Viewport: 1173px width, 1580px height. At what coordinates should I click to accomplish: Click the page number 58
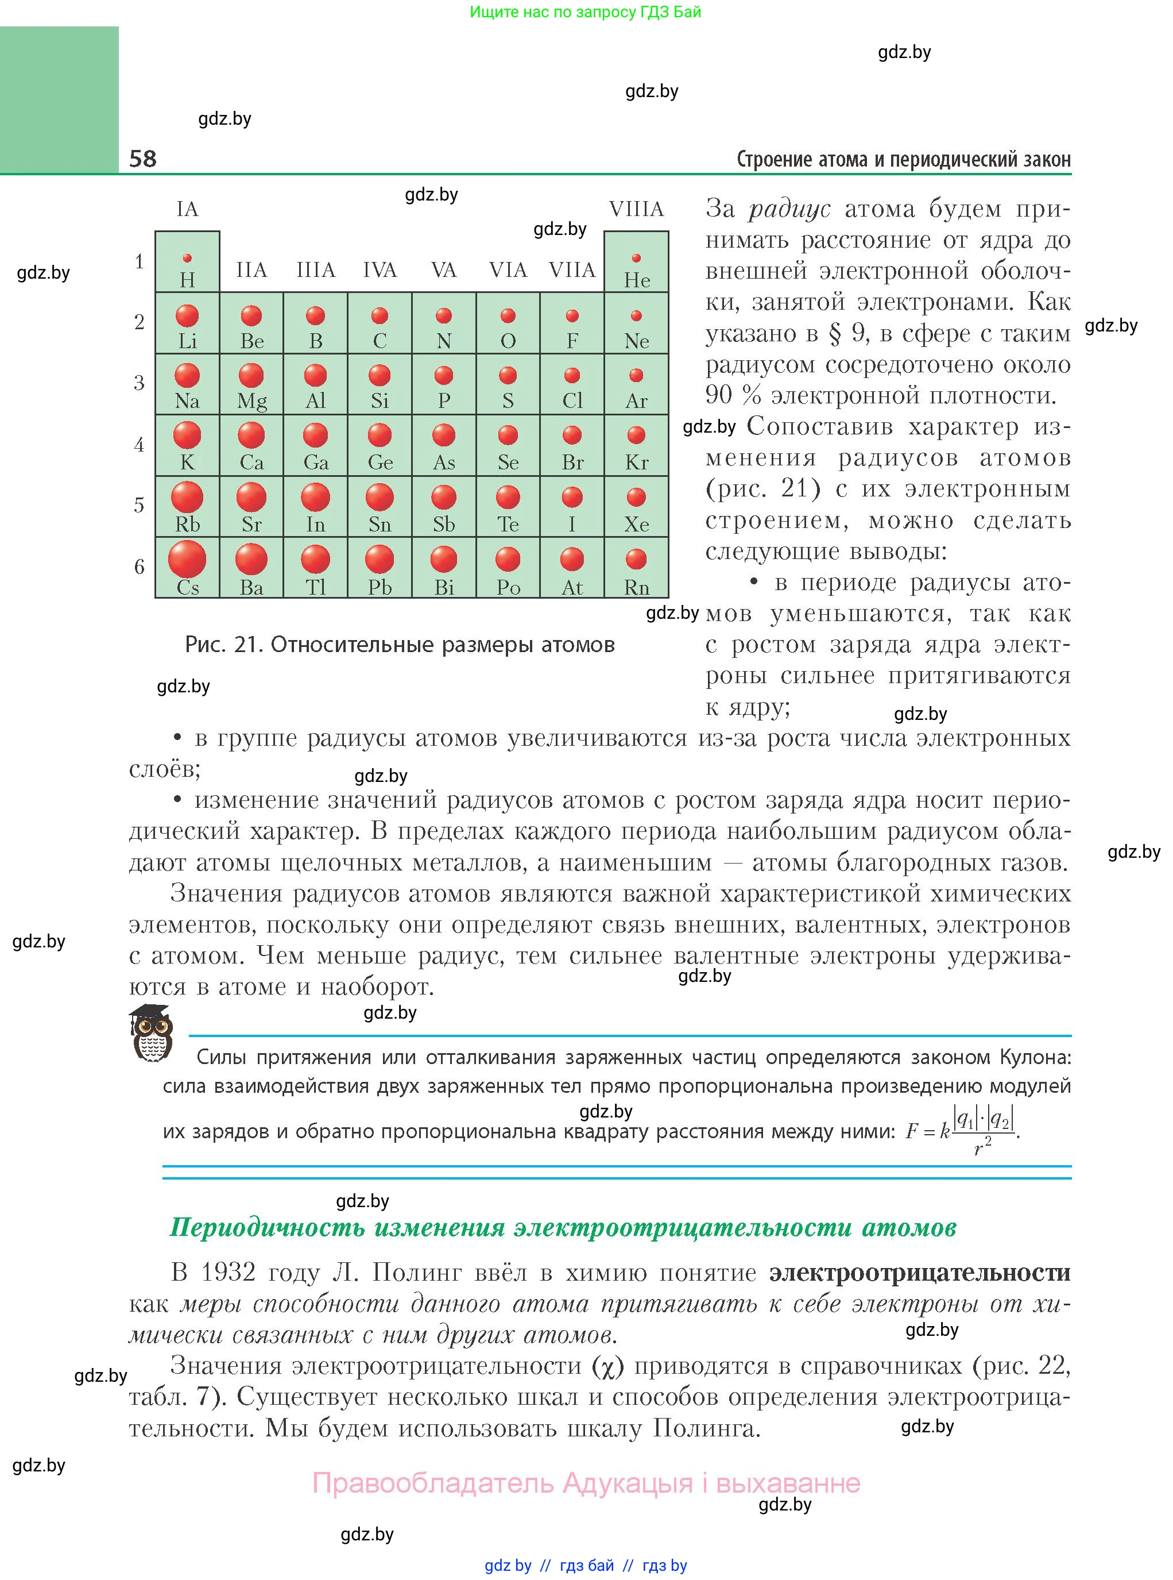tap(143, 158)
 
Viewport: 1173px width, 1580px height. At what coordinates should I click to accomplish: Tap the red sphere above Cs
tap(187, 558)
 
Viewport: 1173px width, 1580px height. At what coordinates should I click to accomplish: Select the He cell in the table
tap(636, 262)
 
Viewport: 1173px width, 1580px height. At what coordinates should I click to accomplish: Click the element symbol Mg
tap(251, 402)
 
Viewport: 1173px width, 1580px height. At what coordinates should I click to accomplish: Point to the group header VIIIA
tap(636, 209)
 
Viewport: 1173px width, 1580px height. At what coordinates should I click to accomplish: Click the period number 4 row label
tap(139, 445)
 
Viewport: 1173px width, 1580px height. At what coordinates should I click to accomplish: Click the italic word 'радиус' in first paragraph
tap(789, 209)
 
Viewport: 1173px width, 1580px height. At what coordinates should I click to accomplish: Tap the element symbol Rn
tap(636, 588)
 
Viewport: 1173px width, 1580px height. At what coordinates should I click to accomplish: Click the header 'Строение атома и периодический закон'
tap(903, 159)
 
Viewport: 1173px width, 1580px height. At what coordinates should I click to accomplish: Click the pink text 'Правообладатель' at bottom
tap(432, 1483)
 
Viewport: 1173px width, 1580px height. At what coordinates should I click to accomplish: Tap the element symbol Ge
tap(380, 463)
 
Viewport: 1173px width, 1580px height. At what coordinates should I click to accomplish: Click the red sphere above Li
tap(187, 315)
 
